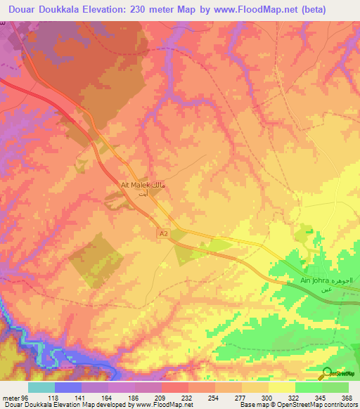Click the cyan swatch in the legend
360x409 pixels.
click(x=41, y=387)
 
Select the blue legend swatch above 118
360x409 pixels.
click(x=67, y=387)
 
